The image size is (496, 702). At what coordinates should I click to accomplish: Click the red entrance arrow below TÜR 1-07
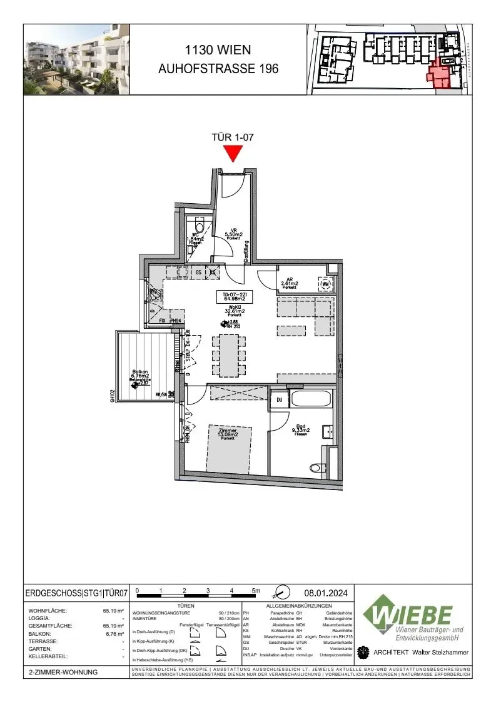pos(233,153)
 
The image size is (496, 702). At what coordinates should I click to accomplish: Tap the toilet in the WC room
pos(200,228)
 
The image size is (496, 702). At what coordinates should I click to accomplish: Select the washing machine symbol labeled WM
pos(325,285)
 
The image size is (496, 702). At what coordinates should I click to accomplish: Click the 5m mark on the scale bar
pos(255,590)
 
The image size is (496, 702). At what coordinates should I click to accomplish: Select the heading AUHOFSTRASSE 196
pos(218,69)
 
